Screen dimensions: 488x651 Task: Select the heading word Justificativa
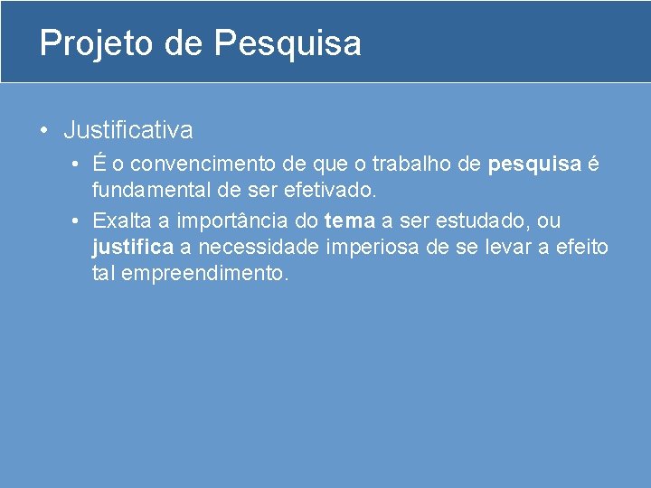tap(127, 130)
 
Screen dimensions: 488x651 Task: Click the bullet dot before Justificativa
tap(44, 130)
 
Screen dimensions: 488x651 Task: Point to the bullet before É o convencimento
tap(80, 164)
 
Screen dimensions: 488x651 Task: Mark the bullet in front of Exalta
tap(80, 221)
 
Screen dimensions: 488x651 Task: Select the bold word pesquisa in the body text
tap(534, 164)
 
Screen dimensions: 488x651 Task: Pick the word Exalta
tap(120, 221)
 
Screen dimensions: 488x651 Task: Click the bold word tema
tap(349, 221)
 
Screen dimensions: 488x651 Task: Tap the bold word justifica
tap(132, 247)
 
